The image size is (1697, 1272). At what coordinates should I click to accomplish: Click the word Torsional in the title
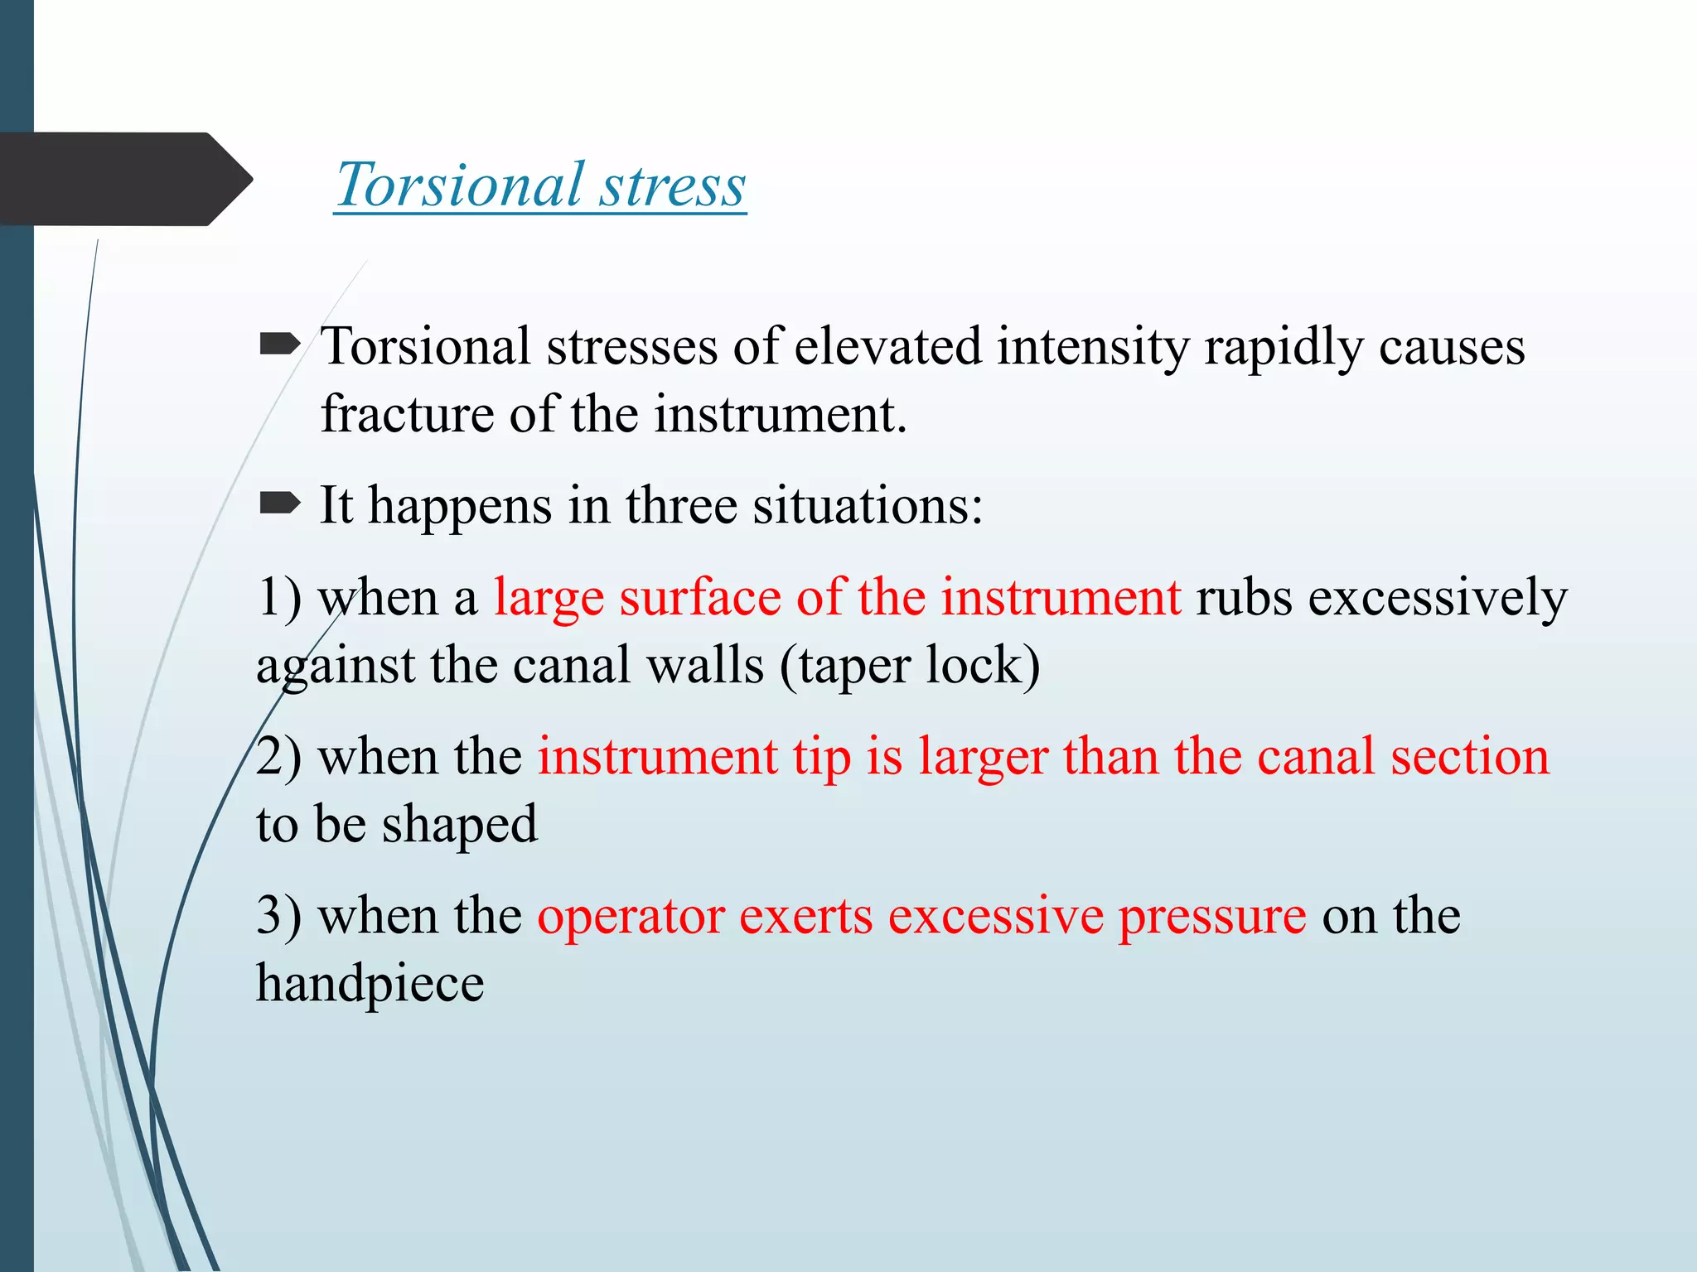click(x=459, y=185)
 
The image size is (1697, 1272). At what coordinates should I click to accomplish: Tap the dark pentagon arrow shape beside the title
click(x=124, y=179)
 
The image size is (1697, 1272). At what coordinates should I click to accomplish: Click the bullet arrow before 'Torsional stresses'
click(x=279, y=344)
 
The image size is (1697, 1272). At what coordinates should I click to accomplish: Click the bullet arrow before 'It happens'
click(x=279, y=503)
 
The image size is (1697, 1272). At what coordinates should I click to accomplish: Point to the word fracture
click(x=407, y=414)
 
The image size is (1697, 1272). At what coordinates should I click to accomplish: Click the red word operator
click(x=630, y=916)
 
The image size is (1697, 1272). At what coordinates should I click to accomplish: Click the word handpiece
click(x=370, y=984)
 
